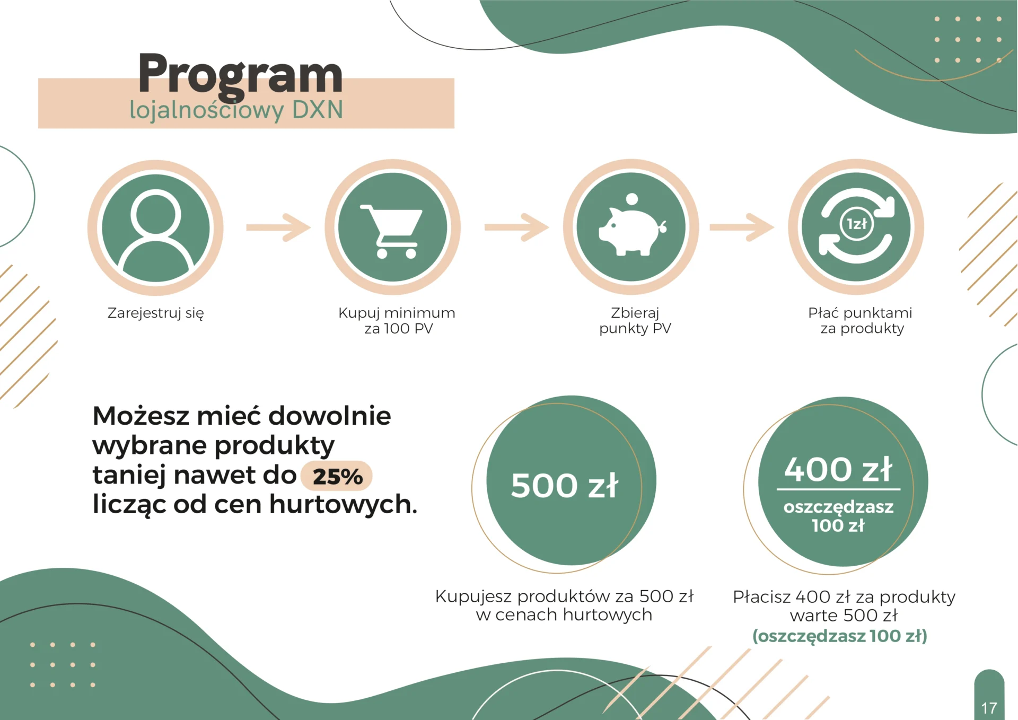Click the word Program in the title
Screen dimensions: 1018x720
240,76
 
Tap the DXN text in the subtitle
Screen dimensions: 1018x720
317,110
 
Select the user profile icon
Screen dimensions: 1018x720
156,229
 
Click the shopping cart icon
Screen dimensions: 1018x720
392,231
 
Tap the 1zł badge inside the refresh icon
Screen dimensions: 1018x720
857,224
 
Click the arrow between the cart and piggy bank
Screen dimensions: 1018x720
516,227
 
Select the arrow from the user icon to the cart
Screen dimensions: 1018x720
278,227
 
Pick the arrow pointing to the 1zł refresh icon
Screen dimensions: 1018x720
742,227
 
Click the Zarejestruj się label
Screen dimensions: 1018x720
156,313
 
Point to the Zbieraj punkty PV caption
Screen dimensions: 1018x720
635,321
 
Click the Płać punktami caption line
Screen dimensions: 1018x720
860,313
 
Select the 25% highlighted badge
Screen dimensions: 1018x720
337,476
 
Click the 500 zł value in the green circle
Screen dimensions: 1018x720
565,486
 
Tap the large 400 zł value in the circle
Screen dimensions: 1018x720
838,470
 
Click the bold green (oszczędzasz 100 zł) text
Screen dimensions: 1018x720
840,636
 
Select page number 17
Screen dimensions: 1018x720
989,708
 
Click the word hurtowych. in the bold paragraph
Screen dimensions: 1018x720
343,504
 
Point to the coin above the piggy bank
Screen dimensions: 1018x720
632,199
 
